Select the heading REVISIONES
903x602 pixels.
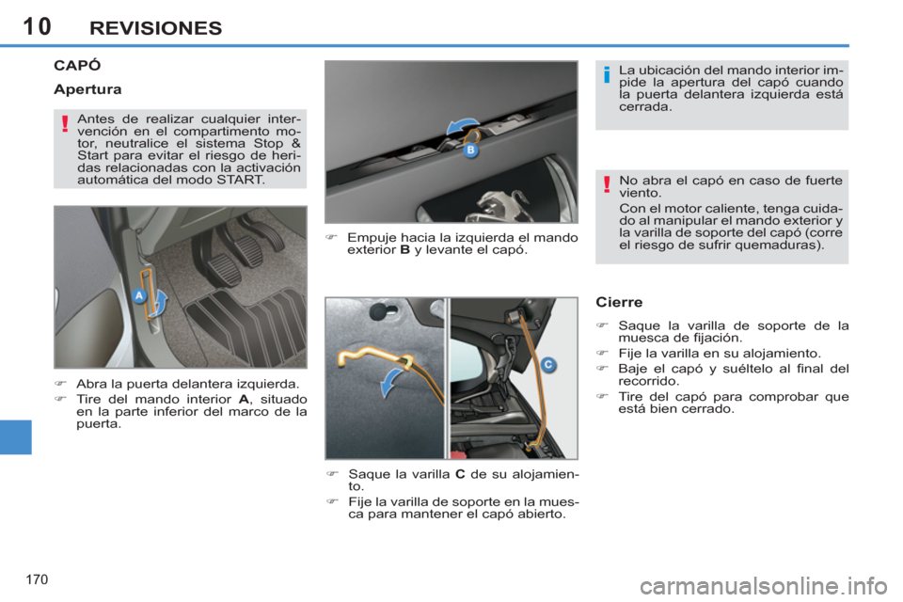pyautogui.click(x=156, y=27)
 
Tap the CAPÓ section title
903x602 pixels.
pyautogui.click(x=78, y=66)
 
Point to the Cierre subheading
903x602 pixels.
pyautogui.click(x=619, y=303)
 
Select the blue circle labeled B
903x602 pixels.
pyautogui.click(x=471, y=150)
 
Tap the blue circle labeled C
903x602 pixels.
pyautogui.click(x=547, y=364)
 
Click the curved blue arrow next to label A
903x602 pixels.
pyautogui.click(x=160, y=302)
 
